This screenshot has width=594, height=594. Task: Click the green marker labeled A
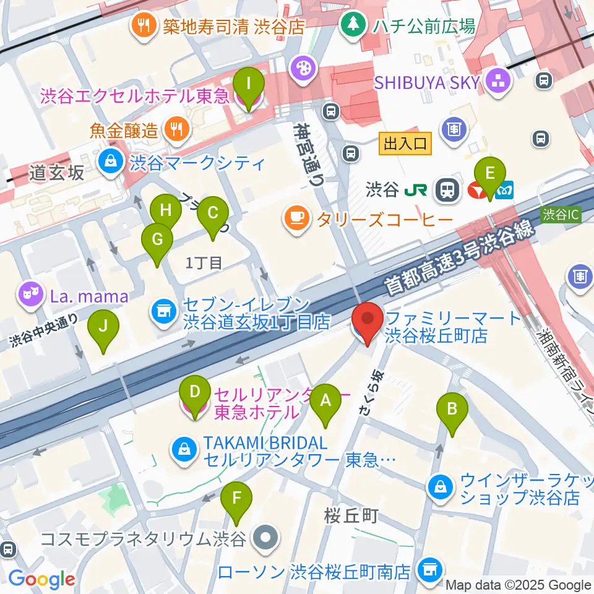click(x=326, y=405)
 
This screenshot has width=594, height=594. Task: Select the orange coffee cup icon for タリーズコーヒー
click(x=296, y=217)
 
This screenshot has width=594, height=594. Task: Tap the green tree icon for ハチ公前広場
click(x=353, y=25)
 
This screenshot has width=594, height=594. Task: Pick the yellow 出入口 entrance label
click(x=405, y=144)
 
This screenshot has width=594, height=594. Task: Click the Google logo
click(x=41, y=579)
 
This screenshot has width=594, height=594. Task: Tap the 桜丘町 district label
click(x=351, y=516)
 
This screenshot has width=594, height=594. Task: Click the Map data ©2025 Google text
click(x=518, y=585)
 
